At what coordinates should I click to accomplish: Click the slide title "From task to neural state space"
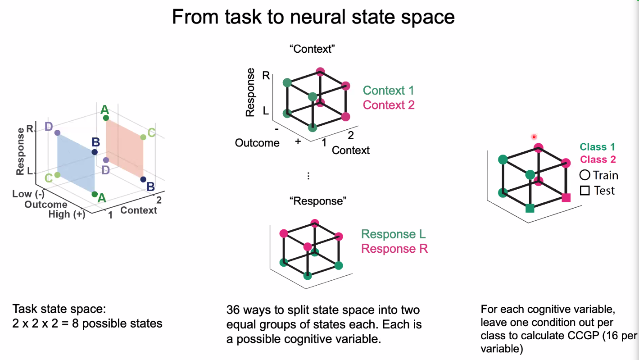coord(313,17)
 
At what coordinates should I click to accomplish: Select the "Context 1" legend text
coord(388,91)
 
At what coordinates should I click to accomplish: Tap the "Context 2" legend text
coord(388,105)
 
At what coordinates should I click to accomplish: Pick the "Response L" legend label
coord(393,234)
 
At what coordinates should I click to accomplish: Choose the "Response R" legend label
coord(394,249)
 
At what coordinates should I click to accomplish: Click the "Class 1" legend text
coord(597,147)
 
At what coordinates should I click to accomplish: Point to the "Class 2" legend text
coord(598,159)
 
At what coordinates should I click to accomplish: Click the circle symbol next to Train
coord(585,175)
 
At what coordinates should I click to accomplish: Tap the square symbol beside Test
coord(585,191)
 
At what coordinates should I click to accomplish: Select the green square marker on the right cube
coord(530,208)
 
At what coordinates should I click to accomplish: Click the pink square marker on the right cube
coord(566,197)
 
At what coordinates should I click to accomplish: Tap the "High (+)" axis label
coord(67,214)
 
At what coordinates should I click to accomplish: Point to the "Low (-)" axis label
coord(28,194)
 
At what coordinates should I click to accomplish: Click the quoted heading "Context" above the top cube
coord(312,49)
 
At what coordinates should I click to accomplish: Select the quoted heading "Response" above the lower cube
coord(318,201)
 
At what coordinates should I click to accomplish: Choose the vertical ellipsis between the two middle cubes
coord(308,176)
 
